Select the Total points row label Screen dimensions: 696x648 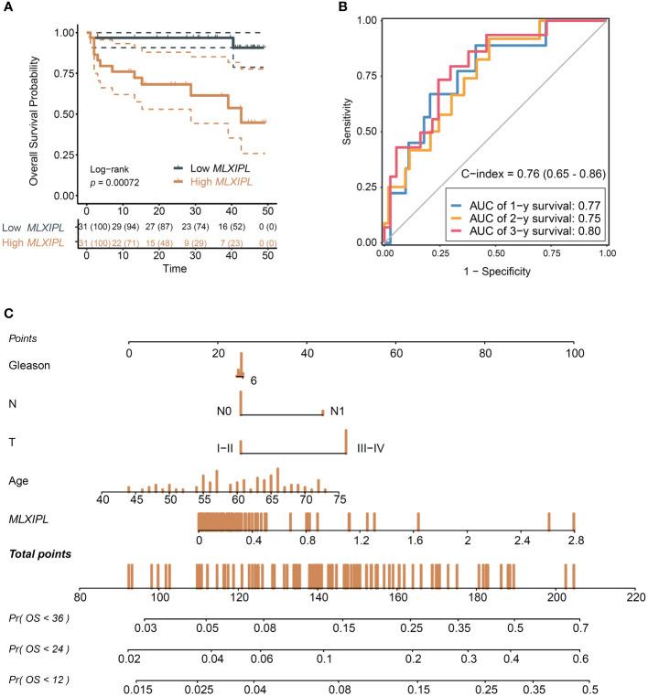click(x=42, y=554)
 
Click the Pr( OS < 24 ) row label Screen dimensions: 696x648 click(x=40, y=648)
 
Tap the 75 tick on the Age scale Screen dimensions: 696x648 click(x=340, y=498)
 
